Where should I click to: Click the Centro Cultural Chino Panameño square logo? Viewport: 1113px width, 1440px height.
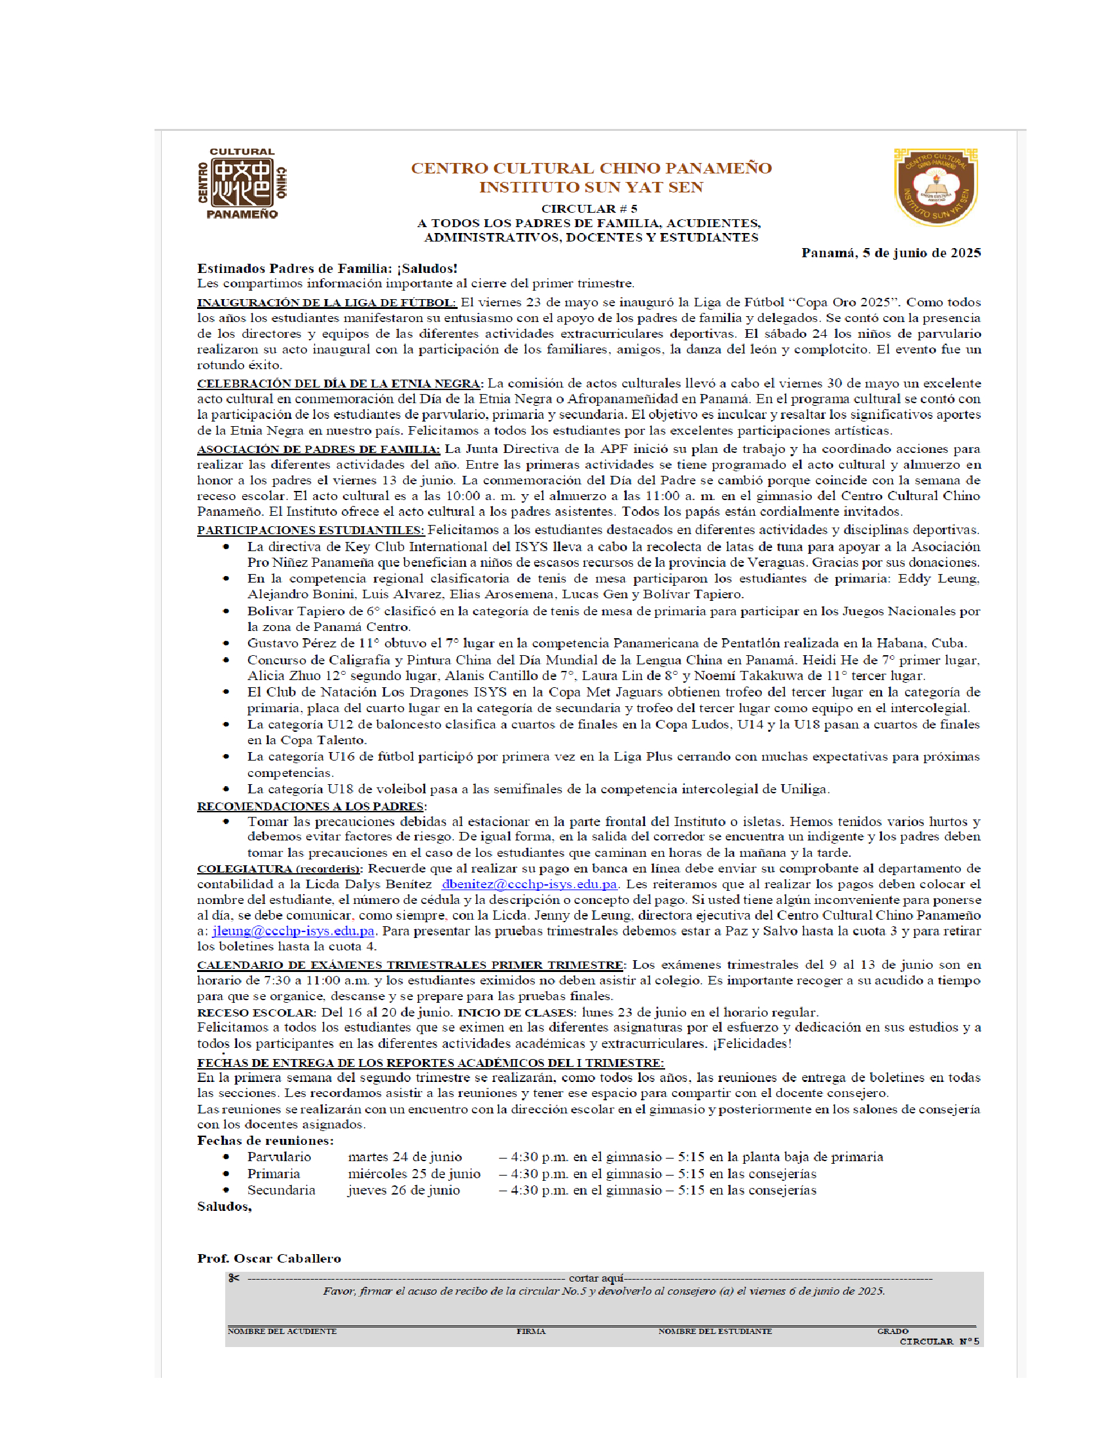tap(242, 183)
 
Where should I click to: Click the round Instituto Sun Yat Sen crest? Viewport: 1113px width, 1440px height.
tap(936, 187)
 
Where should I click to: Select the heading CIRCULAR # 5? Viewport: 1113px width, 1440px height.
tap(589, 208)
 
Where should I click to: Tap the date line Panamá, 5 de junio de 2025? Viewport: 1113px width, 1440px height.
tap(891, 253)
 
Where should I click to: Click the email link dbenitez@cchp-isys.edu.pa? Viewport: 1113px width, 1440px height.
tap(529, 884)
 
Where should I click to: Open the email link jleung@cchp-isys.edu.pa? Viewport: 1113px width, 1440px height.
tap(293, 931)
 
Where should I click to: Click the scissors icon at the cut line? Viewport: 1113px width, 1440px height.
tap(234, 1278)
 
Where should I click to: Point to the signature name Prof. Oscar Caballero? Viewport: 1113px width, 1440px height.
tap(269, 1258)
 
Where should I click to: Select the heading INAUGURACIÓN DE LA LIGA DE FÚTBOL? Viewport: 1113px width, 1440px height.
tap(327, 302)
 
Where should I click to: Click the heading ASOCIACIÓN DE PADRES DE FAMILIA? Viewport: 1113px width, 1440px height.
tap(318, 449)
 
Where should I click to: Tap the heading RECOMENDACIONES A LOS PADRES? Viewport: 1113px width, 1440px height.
tap(310, 806)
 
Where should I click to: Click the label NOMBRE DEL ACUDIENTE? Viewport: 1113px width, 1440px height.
tap(282, 1331)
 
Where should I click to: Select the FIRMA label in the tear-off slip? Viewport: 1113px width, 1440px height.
tap(531, 1331)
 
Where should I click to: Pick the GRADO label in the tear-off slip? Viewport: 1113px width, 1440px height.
tap(892, 1331)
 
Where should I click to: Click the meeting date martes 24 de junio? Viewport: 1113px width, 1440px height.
tap(404, 1157)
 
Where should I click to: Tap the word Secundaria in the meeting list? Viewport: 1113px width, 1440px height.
tap(281, 1190)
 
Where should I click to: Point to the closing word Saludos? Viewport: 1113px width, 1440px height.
tap(224, 1206)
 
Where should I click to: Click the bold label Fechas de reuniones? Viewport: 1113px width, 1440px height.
tap(265, 1140)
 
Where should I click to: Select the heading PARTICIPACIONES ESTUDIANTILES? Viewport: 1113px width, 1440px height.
tap(310, 530)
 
